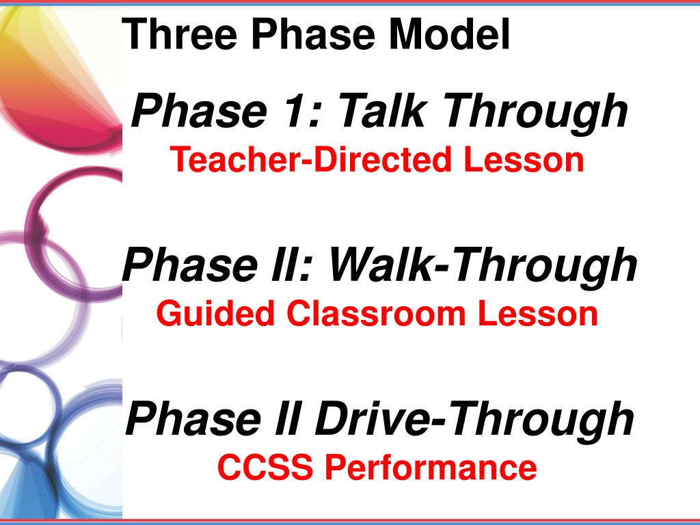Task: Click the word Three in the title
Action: [179, 33]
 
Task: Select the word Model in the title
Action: [450, 33]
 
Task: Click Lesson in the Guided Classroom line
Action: [538, 314]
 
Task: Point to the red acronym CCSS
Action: [265, 468]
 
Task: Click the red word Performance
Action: [431, 468]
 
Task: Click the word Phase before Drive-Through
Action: [193, 418]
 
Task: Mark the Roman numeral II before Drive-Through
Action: [286, 418]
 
